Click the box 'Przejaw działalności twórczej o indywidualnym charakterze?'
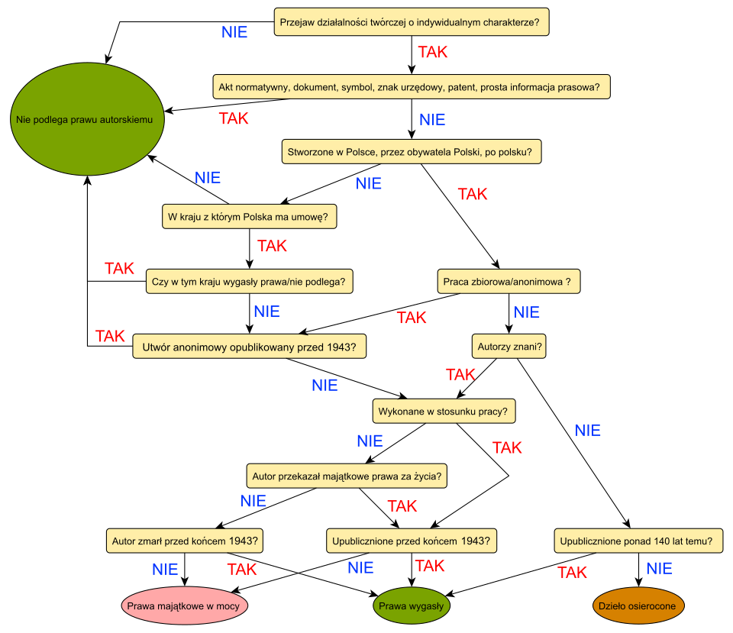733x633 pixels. coord(412,23)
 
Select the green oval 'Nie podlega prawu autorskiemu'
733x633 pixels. coord(87,119)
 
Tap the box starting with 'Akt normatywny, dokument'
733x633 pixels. coord(412,87)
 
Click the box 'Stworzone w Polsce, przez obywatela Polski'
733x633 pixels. coord(412,151)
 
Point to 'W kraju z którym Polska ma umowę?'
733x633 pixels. coord(250,217)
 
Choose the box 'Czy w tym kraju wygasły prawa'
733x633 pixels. coord(250,282)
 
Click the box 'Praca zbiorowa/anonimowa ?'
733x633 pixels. coord(509,282)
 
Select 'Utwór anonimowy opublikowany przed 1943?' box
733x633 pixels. coord(250,347)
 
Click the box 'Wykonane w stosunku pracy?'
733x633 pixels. coord(444,412)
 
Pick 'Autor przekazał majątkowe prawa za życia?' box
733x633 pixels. coord(347,476)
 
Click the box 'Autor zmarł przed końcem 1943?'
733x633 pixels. coord(185,541)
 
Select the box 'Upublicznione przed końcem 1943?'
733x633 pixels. coord(412,541)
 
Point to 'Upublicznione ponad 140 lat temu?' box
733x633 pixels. coord(638,541)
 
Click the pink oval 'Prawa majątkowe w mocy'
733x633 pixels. coord(185,606)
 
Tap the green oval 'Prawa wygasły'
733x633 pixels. coord(412,606)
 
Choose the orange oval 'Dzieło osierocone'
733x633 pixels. coord(638,606)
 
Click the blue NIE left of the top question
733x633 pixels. coord(234,33)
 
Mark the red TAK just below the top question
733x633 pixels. coord(433,53)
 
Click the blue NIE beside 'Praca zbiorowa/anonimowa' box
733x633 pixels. coord(527,313)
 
